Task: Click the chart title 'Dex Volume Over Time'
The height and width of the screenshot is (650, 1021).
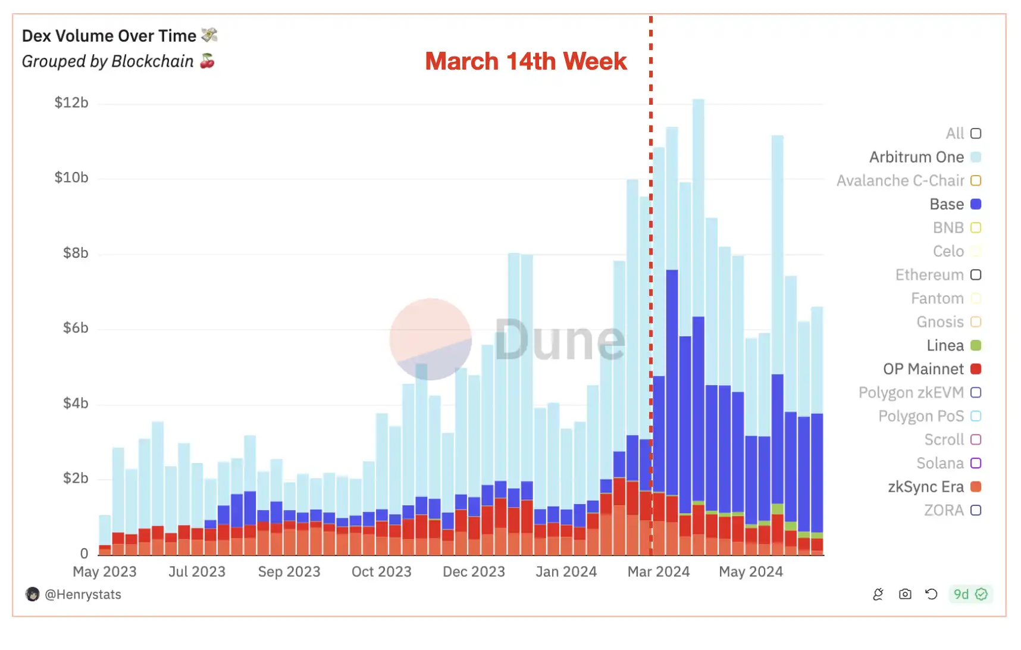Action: pos(109,36)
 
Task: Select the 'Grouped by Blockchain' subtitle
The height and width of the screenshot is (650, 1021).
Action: pos(108,61)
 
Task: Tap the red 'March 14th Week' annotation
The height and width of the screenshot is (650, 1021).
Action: pos(525,61)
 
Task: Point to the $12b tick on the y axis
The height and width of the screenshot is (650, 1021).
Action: pos(71,102)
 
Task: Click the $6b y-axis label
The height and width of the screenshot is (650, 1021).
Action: pos(76,328)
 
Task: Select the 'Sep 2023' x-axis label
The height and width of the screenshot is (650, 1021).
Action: pos(289,571)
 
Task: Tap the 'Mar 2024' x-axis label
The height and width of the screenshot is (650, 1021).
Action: pos(658,571)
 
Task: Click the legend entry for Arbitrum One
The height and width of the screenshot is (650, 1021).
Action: pos(916,157)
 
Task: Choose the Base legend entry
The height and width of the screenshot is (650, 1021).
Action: pos(947,204)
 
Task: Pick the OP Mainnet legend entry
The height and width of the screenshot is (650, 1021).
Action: pos(923,369)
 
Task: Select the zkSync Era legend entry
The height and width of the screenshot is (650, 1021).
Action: pos(926,487)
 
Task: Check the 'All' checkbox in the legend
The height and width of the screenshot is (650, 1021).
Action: pos(976,133)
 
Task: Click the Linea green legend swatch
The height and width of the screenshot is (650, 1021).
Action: pos(976,345)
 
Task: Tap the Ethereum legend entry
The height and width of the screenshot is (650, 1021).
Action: pos(929,275)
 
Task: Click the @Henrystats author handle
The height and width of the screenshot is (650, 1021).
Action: pos(83,594)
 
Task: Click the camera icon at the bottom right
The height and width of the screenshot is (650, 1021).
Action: pos(905,594)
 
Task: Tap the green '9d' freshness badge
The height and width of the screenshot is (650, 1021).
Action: pos(970,594)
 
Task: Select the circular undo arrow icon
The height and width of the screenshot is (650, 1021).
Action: pos(931,594)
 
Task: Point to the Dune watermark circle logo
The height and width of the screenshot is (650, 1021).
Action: pos(430,339)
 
